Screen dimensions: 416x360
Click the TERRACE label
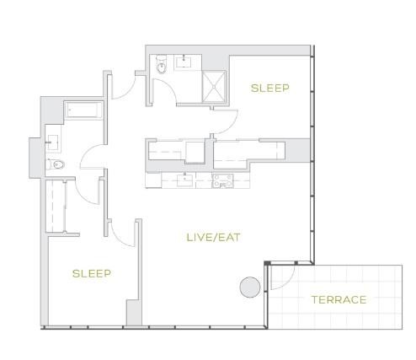(x=339, y=300)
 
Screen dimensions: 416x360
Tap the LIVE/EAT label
(x=214, y=238)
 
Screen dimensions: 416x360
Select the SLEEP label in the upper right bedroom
(x=270, y=89)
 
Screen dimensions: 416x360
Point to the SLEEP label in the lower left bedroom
(x=92, y=273)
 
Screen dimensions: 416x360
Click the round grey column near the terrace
(x=250, y=287)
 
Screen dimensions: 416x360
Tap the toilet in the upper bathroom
(x=162, y=65)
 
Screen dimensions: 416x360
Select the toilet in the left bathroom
(x=56, y=164)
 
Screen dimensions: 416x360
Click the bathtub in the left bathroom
(x=83, y=110)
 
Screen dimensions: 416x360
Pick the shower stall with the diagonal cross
(x=214, y=87)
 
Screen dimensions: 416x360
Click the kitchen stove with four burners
(x=222, y=181)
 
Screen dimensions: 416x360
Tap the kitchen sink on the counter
(x=185, y=180)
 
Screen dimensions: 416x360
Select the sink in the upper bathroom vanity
(x=184, y=62)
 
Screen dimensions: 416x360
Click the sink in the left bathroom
(x=52, y=142)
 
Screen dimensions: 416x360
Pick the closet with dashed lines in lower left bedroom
(x=56, y=206)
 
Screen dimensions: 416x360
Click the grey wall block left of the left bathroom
(x=36, y=158)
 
